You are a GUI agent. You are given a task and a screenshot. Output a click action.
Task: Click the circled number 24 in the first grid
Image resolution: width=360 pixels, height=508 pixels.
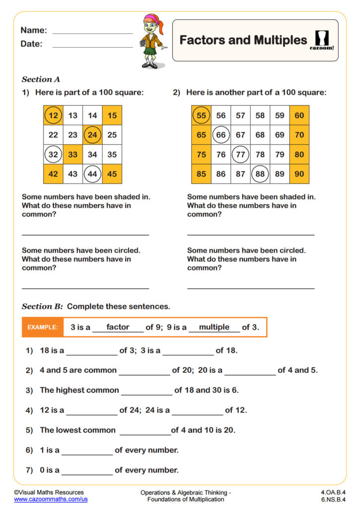(92, 134)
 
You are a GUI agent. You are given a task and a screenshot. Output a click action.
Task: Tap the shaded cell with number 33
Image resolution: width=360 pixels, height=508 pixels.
(73, 154)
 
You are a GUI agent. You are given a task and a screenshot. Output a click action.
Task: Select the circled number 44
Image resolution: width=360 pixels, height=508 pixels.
(92, 174)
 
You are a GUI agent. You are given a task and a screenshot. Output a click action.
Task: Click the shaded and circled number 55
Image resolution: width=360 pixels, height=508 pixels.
(201, 115)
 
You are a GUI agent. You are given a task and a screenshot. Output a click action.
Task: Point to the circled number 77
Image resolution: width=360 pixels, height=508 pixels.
(240, 154)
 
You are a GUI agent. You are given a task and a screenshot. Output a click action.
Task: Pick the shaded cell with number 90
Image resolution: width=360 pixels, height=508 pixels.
(299, 174)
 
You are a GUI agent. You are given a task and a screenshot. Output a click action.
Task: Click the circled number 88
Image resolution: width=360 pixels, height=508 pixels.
(260, 174)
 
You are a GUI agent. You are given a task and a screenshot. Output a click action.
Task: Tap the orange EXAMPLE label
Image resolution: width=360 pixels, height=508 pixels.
(43, 327)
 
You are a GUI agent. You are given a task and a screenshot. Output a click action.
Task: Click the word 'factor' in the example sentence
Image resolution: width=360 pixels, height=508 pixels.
(118, 327)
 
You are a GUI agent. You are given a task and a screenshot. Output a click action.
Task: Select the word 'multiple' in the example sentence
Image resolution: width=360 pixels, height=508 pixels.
(214, 327)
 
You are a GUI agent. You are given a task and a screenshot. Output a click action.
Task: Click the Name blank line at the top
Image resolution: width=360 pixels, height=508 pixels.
(92, 32)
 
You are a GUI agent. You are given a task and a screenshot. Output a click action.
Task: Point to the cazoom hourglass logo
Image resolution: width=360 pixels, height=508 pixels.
(323, 39)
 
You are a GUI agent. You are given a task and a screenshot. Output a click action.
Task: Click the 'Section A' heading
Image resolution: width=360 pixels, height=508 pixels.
(41, 79)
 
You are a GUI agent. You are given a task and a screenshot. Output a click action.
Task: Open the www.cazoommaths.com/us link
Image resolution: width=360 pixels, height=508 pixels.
(51, 499)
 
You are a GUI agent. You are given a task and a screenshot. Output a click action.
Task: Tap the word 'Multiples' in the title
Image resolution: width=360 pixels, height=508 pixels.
(279, 40)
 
